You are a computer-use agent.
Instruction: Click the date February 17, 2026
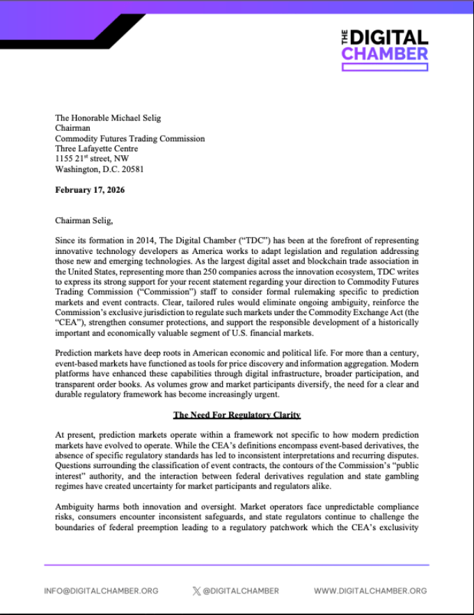click(90, 190)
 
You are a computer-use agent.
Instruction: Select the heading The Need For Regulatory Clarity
click(237, 415)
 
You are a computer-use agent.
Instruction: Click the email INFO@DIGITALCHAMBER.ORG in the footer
click(101, 591)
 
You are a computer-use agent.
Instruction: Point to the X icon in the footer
click(196, 591)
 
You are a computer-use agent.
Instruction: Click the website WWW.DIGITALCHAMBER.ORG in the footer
click(370, 591)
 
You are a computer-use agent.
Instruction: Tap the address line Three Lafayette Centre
click(96, 149)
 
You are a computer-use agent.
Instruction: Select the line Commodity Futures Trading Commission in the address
click(129, 138)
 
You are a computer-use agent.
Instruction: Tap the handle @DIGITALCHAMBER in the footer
click(241, 591)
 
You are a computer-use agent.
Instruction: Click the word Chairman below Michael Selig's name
click(73, 129)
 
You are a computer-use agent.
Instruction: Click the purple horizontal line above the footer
click(237, 565)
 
